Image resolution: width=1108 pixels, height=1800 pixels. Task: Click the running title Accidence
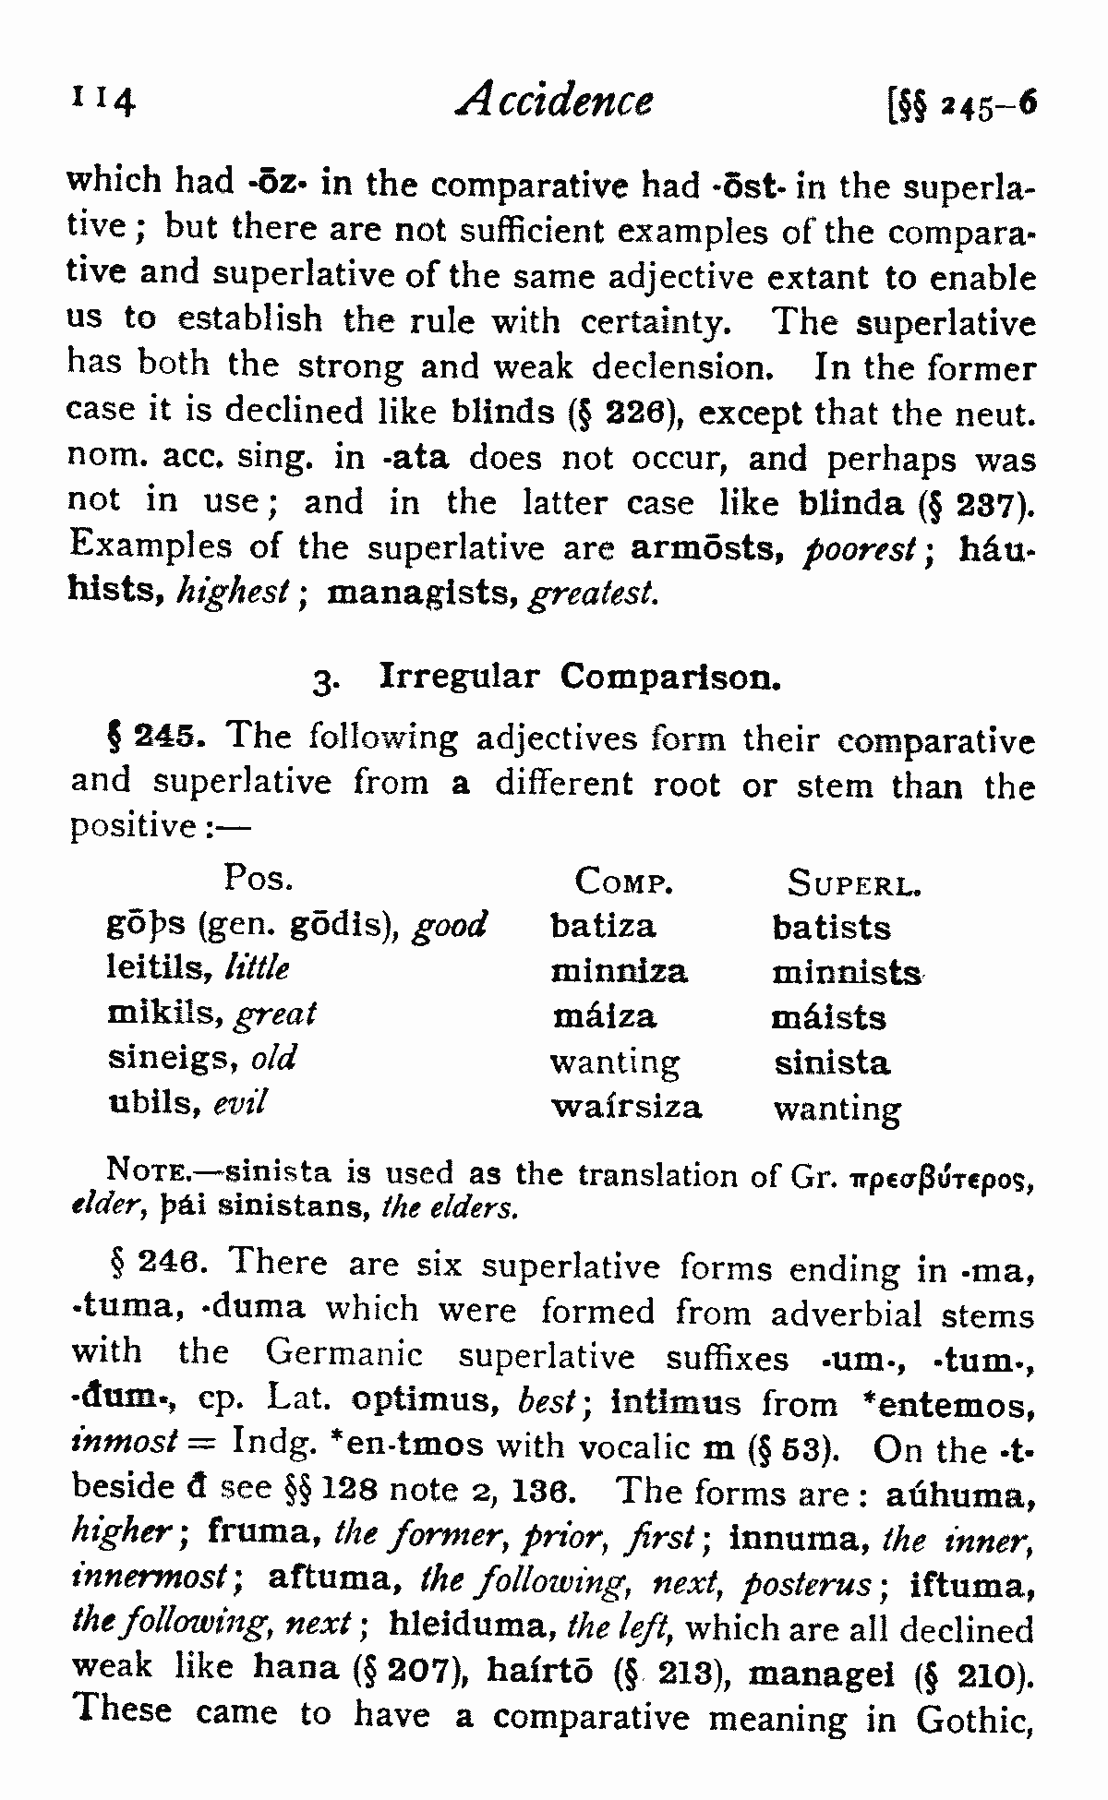554,99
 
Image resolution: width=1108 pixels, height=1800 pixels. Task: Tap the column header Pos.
259,877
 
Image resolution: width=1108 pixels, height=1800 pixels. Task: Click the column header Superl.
855,883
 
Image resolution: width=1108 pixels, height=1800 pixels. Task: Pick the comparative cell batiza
602,926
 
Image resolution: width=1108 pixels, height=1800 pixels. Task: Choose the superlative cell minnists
847,973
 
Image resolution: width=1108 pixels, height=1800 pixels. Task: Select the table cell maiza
604,1016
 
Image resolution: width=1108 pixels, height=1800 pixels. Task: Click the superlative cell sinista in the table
832,1062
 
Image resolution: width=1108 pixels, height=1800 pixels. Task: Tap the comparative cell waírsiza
625,1106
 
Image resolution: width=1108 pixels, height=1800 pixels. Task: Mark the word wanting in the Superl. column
837,1109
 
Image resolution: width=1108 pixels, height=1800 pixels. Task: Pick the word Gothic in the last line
973,1721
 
